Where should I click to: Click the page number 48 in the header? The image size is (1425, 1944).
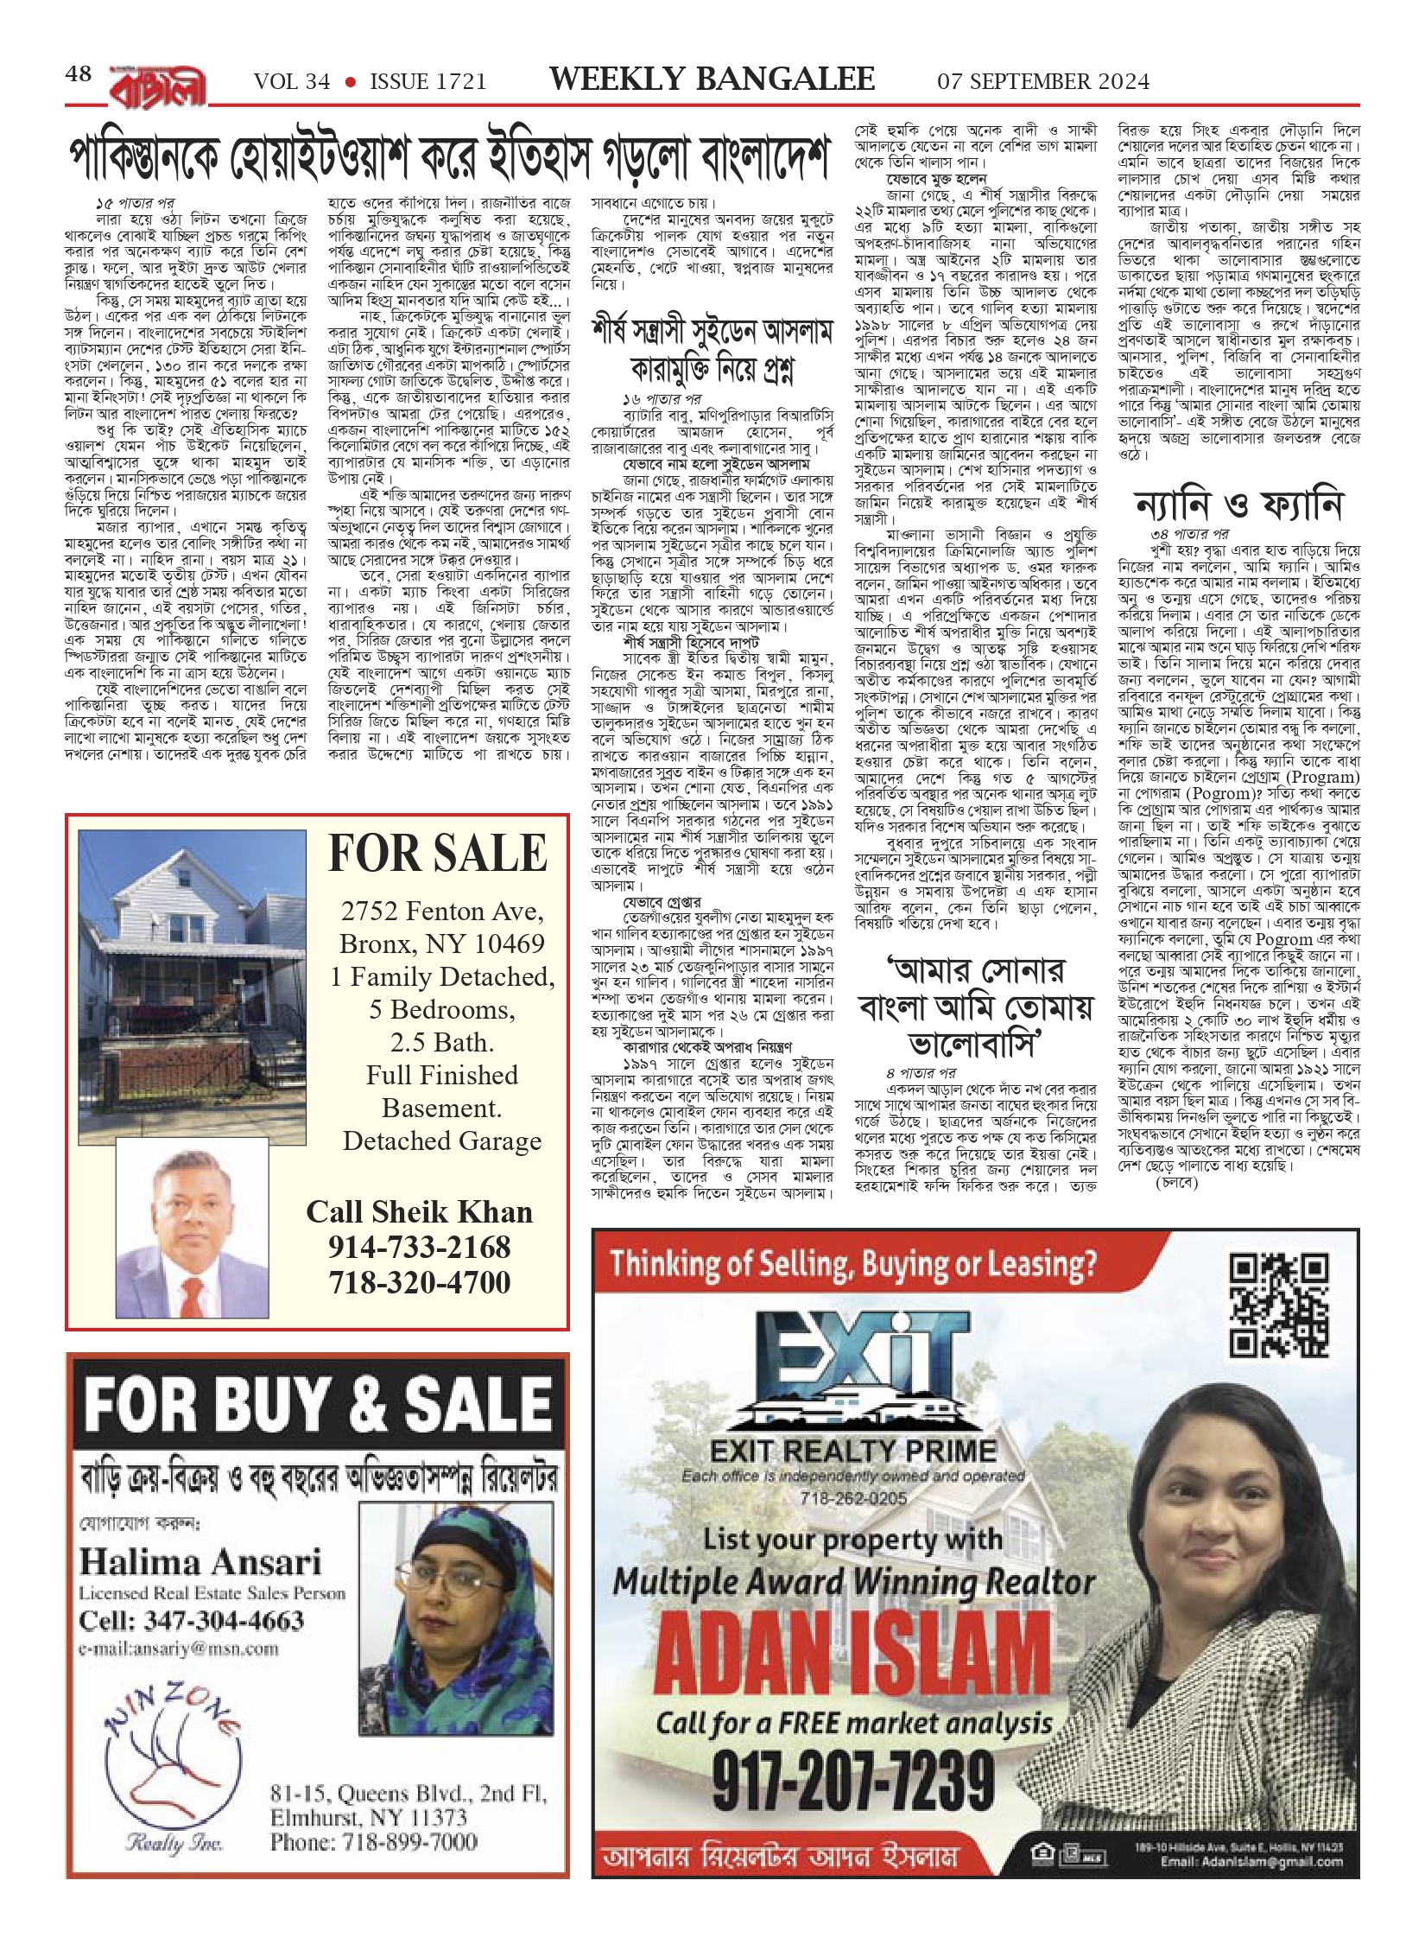click(x=78, y=74)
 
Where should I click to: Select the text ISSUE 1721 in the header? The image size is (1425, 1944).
click(x=427, y=82)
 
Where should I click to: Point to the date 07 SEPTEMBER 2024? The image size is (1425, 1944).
click(x=1043, y=82)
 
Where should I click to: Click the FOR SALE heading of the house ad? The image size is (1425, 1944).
click(x=438, y=854)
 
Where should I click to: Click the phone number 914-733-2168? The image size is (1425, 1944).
click(x=419, y=1247)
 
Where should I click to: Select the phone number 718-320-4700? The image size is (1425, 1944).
click(x=419, y=1282)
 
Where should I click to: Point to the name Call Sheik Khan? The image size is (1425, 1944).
click(x=419, y=1211)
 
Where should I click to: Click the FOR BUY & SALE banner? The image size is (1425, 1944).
click(x=318, y=1403)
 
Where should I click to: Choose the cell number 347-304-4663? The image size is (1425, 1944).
click(x=192, y=1620)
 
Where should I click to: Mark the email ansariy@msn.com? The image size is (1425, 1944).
click(x=179, y=1649)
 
